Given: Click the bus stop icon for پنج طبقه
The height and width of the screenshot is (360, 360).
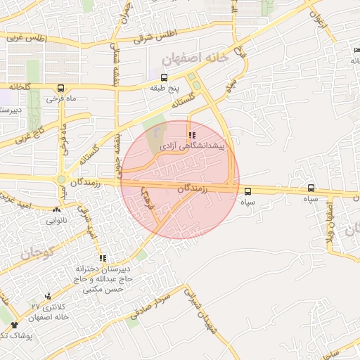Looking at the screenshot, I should [x=164, y=78].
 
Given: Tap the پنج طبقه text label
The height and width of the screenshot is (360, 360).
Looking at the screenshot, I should [x=165, y=89].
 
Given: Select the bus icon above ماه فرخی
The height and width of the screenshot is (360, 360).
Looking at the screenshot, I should [x=61, y=89].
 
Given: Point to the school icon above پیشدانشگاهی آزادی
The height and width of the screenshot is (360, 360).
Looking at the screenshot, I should [x=191, y=134].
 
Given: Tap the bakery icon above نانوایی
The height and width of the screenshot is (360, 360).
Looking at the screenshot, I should [x=56, y=210].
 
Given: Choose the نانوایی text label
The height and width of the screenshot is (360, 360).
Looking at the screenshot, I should [x=57, y=220].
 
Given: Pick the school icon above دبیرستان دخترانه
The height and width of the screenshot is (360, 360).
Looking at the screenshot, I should [x=103, y=259].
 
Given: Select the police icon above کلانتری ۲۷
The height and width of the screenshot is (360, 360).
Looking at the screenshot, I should [x=48, y=296].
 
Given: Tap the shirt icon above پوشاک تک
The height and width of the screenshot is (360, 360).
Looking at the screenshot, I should [x=14, y=325].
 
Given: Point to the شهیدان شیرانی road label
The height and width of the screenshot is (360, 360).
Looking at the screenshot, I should [x=199, y=308].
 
